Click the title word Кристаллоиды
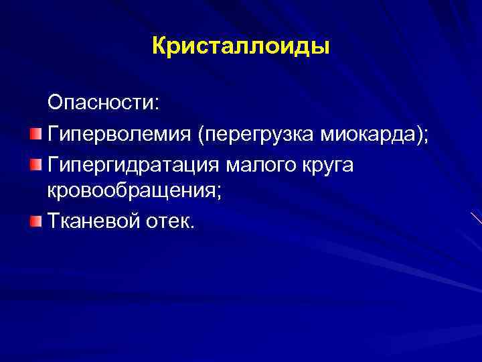pyautogui.click(x=241, y=48)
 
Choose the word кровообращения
pyautogui.click(x=128, y=191)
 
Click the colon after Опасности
pyautogui.click(x=157, y=105)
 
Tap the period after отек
pyautogui.click(x=191, y=226)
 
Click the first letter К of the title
pyautogui.click(x=159, y=48)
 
